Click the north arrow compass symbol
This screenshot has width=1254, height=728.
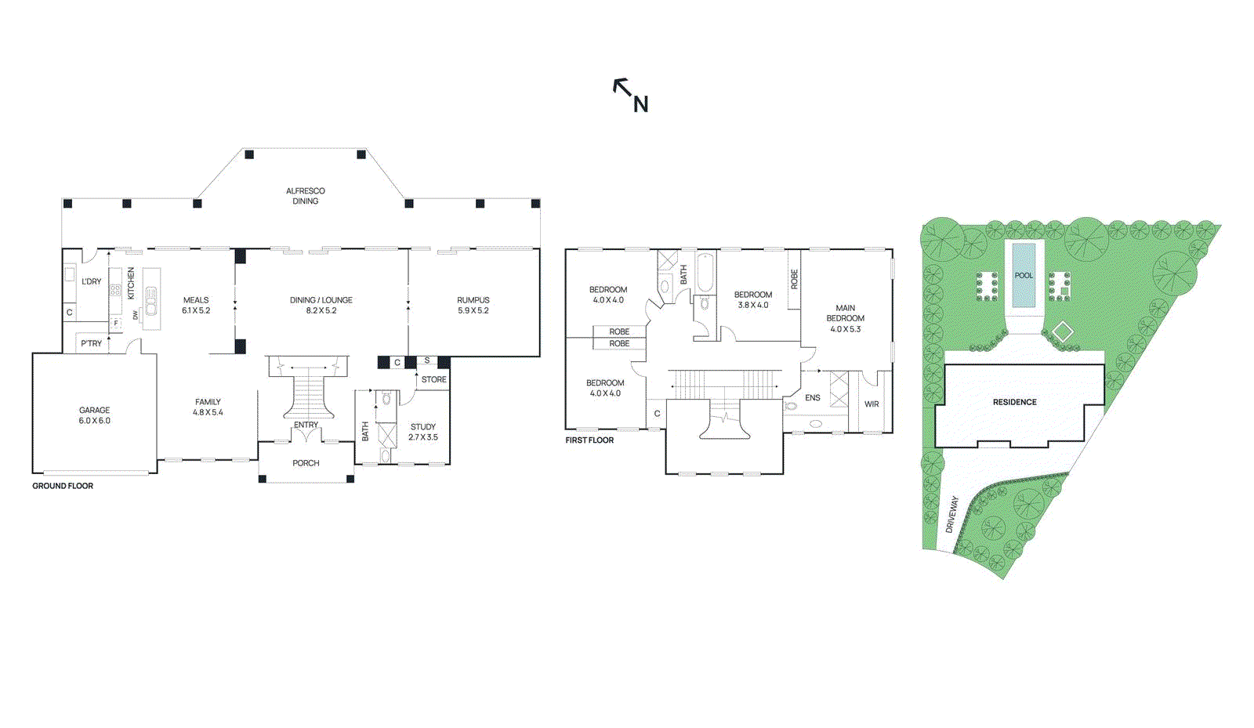click(x=630, y=95)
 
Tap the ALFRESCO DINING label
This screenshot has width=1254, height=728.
click(x=306, y=196)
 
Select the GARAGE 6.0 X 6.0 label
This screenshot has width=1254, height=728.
click(x=94, y=415)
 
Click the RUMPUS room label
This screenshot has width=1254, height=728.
click(x=473, y=305)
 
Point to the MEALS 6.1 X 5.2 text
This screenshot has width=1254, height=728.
click(x=196, y=305)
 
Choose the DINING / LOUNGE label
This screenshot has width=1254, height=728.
click(x=321, y=305)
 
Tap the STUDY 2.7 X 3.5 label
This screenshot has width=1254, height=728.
click(x=423, y=432)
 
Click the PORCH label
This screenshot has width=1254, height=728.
click(x=306, y=463)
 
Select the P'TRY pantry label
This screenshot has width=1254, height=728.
click(x=91, y=343)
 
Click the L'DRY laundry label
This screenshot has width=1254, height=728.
click(x=92, y=281)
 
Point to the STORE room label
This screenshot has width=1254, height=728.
click(x=434, y=379)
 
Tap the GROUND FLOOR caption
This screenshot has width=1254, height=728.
click(x=63, y=486)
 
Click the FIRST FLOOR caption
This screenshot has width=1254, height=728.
click(x=589, y=440)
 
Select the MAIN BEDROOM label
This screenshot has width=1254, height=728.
click(x=846, y=318)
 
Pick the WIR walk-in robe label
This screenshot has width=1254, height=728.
click(x=872, y=404)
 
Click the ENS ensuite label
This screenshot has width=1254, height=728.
click(x=813, y=398)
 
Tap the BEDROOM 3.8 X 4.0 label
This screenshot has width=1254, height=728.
click(x=753, y=299)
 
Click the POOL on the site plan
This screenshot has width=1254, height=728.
click(x=1024, y=275)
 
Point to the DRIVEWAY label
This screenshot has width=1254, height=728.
click(x=952, y=515)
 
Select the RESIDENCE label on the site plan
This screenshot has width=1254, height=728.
click(x=1014, y=402)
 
